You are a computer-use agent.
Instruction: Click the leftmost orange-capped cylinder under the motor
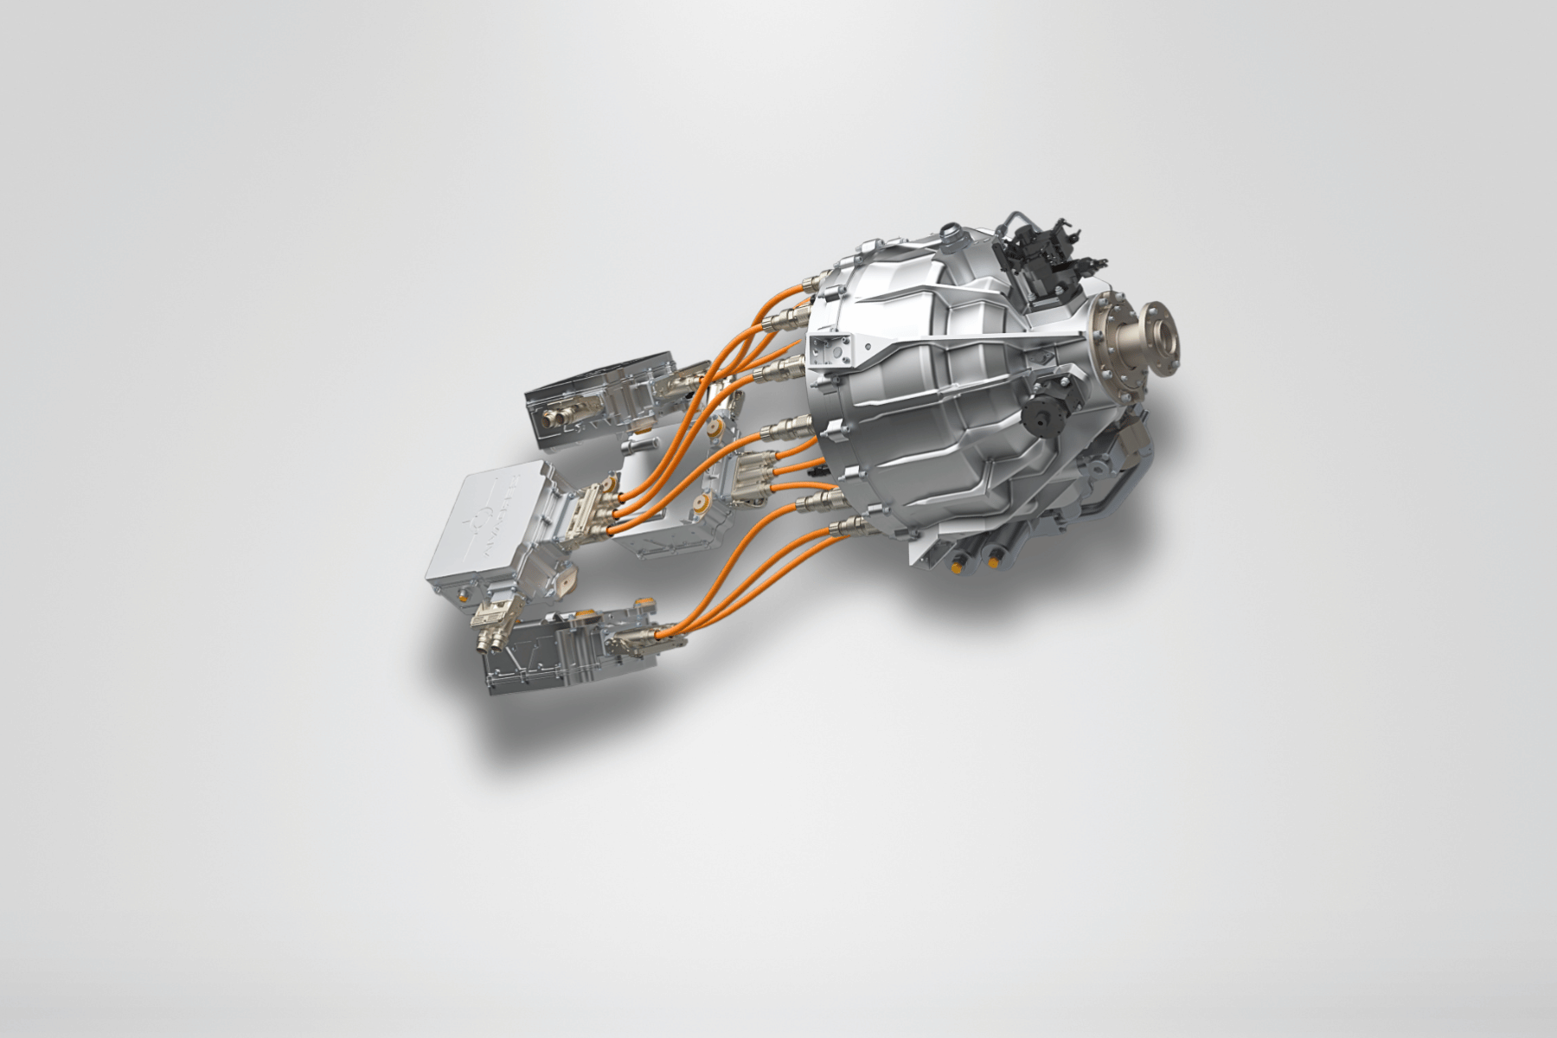click(955, 567)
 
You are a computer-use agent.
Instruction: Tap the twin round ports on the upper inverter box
click(554, 420)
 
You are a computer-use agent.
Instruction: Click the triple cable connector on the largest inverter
click(597, 510)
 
